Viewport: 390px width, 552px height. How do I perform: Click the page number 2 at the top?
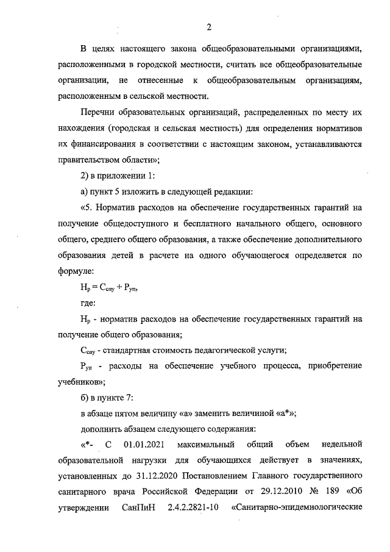pyautogui.click(x=208, y=27)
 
